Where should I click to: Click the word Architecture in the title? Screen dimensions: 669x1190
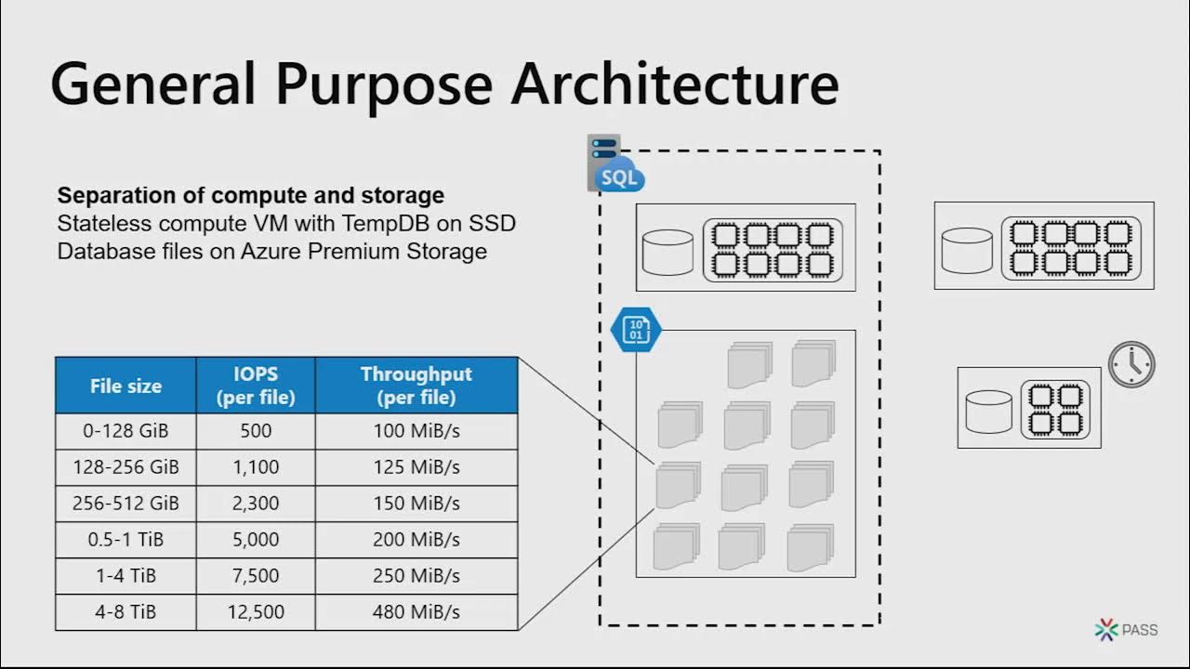click(675, 84)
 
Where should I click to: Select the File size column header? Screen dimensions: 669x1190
click(126, 386)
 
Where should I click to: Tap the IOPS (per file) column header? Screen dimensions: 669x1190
click(256, 386)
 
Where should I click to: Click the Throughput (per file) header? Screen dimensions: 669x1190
click(416, 386)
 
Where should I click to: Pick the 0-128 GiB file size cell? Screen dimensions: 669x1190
click(126, 431)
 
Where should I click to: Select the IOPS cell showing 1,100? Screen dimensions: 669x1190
click(256, 467)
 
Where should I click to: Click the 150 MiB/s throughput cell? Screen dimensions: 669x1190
click(416, 504)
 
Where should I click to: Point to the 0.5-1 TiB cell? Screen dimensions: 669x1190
click(126, 540)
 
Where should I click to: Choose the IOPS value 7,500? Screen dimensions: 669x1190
click(256, 576)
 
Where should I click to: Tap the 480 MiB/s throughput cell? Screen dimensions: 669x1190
click(416, 612)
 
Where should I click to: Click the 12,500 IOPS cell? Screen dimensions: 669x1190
click(256, 612)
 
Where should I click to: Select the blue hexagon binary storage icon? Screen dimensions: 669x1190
click(636, 330)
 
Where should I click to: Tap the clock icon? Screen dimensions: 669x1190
click(1131, 364)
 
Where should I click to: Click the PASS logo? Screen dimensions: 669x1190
click(1126, 630)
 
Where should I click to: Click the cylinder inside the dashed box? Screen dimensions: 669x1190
click(668, 252)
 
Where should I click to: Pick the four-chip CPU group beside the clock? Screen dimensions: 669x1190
click(1055, 409)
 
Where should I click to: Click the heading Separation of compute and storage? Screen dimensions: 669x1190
click(250, 196)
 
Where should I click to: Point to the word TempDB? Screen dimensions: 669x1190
click(397, 224)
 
